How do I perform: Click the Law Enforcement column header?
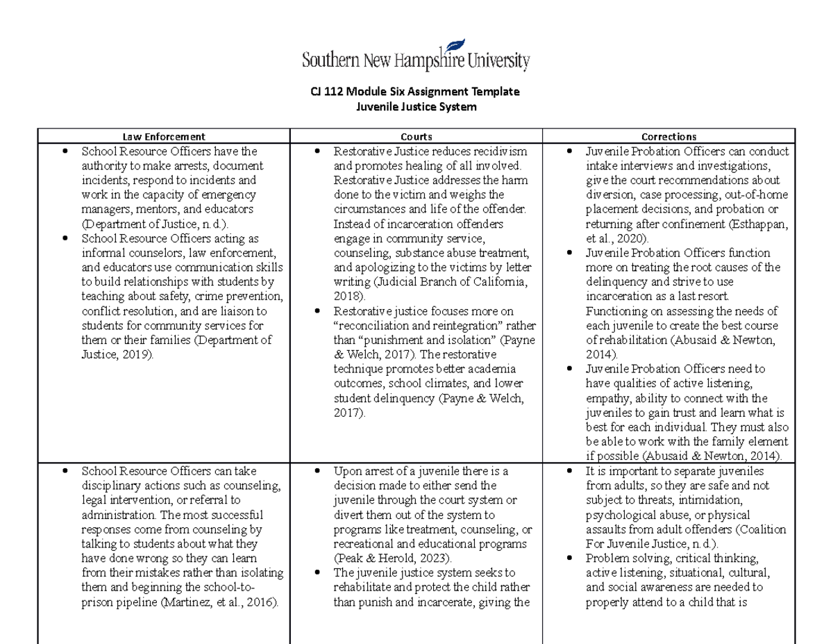[x=164, y=137]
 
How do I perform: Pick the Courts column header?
[x=416, y=137]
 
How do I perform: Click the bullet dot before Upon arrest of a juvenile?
[x=317, y=471]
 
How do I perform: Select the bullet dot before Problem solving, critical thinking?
[x=569, y=558]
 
